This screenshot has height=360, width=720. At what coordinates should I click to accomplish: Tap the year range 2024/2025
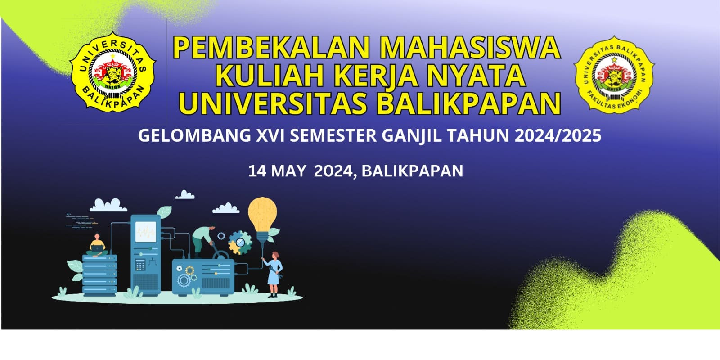558,135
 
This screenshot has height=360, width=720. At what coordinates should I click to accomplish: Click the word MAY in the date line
288,171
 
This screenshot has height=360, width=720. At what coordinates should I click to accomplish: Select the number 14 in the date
257,171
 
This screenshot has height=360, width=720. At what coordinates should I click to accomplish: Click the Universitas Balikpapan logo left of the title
113,72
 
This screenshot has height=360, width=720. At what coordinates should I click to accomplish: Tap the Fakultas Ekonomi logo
614,75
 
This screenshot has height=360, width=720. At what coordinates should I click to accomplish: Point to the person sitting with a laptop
97,246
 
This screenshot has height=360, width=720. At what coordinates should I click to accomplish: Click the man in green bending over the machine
202,241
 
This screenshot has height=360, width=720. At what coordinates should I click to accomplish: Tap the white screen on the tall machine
146,232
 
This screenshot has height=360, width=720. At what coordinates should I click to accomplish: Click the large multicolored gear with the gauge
240,243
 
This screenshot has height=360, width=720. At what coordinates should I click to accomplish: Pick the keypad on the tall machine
140,265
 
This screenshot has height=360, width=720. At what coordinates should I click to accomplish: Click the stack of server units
99,275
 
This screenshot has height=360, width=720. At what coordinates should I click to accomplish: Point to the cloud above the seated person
108,205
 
